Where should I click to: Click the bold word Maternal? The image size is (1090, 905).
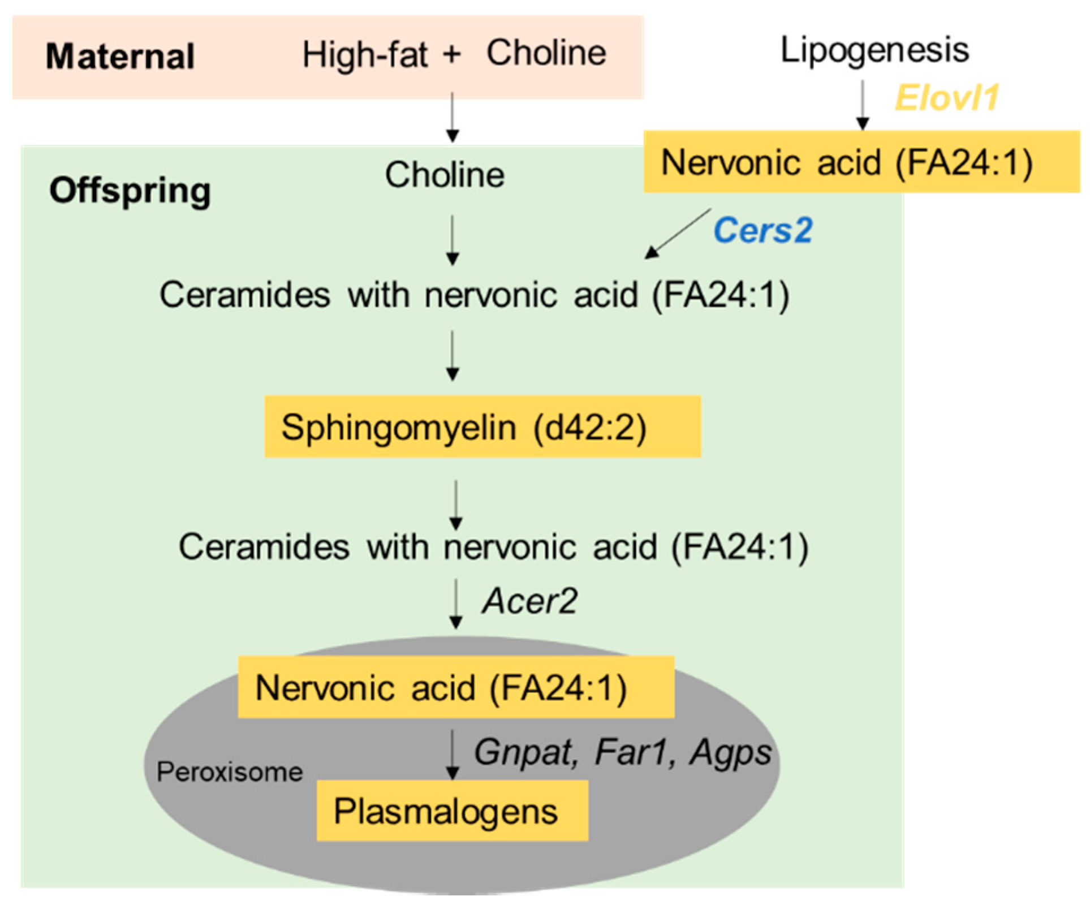pos(120,57)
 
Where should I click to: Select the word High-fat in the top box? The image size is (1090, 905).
pos(365,55)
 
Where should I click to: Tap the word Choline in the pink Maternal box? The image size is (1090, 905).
pos(546,53)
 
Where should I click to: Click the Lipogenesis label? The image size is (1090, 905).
pos(874,50)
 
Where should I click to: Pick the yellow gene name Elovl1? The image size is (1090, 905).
pos(946,98)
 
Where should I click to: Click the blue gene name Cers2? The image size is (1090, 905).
pos(762,230)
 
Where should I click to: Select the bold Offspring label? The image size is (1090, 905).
pos(130,191)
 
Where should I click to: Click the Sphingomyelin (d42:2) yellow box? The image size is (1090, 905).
pos(482,426)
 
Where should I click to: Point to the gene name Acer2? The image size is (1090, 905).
pos(529,601)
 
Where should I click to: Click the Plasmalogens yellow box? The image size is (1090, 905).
pos(452,811)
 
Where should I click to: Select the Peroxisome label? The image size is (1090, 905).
pos(230,772)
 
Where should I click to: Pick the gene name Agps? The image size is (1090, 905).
pos(730,752)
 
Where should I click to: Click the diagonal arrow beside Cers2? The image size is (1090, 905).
pos(678,234)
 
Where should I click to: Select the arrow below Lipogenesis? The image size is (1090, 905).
pos(862,105)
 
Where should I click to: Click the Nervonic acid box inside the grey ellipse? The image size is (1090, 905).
pos(456,687)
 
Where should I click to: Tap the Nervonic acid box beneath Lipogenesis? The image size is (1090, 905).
pos(861,162)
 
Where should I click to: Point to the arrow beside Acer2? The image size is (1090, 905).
pos(456,604)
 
